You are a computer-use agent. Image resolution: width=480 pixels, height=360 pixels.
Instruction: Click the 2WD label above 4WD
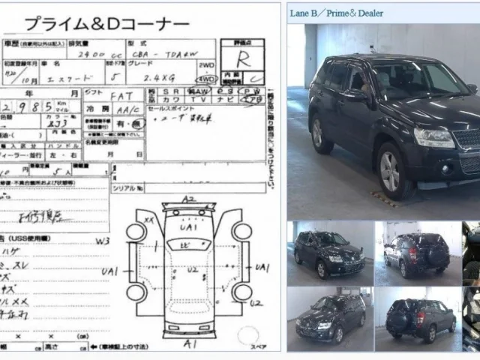206,66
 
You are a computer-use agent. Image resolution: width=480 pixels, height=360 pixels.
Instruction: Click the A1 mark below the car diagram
190,344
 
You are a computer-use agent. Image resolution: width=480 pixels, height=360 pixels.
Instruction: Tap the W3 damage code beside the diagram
102,241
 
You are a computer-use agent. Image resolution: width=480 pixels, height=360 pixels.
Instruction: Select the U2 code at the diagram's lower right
256,304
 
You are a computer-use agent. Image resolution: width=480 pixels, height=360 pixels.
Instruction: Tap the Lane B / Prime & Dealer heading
337,13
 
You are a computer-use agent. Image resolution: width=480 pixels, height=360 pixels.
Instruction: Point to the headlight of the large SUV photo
434,137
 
